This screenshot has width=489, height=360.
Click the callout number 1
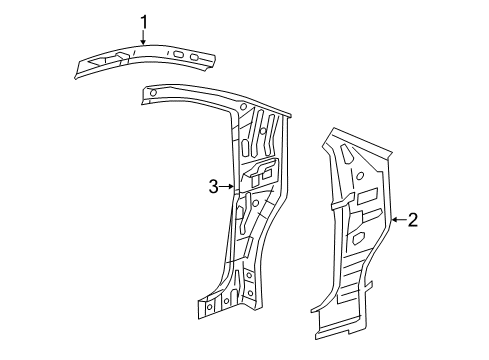(143, 21)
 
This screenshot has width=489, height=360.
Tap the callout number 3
(212, 186)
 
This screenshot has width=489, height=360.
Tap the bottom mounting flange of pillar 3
(215, 304)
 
